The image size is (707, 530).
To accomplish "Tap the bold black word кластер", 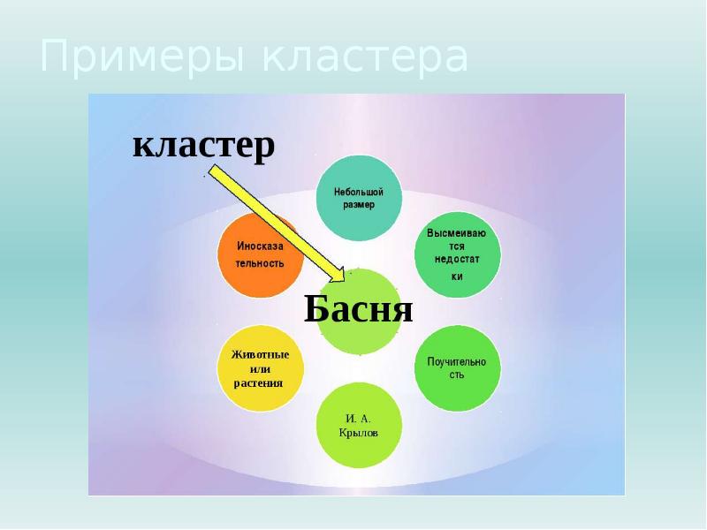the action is pos(203,146).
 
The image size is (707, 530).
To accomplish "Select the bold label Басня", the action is pos(359,309).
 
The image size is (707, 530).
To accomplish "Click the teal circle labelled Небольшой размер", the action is pos(359,198).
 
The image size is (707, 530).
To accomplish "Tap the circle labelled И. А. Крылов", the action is pos(359,426).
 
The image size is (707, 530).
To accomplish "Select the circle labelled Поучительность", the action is pos(457,367).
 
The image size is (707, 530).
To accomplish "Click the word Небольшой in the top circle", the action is pos(359,191).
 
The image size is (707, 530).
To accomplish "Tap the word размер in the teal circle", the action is pos(359,205).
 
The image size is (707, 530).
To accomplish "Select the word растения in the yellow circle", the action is pos(259,382).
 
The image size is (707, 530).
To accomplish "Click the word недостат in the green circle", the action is pos(457,261).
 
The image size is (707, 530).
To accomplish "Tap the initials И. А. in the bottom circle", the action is pos(358,418).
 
